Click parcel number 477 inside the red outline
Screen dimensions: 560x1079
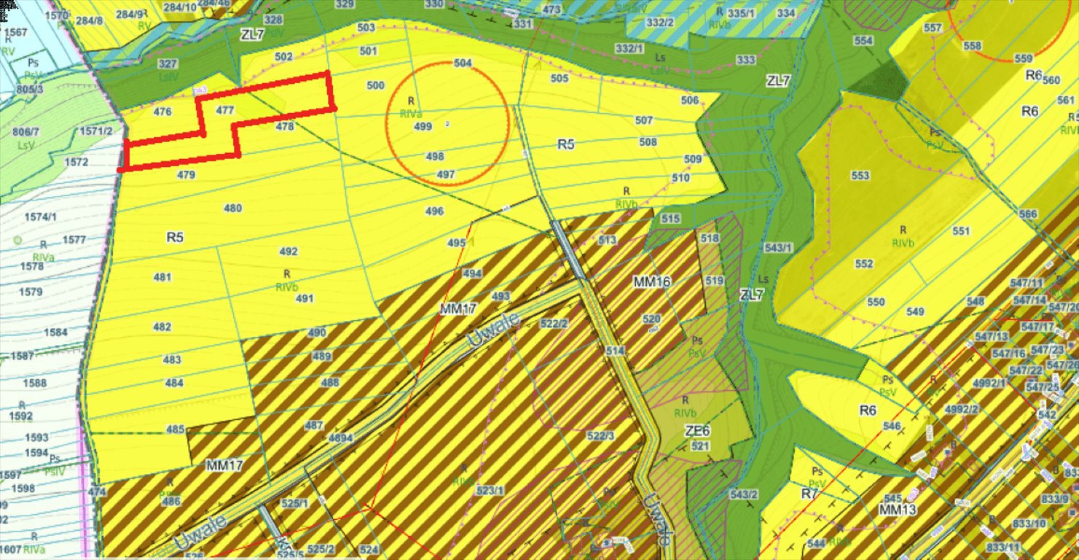tap(225, 111)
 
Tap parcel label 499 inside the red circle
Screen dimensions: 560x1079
tap(423, 126)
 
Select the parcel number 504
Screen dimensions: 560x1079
tap(463, 63)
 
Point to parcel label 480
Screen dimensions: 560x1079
tap(232, 209)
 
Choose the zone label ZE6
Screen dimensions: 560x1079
tap(697, 431)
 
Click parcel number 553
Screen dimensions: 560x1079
tap(860, 176)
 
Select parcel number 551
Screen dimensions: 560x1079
tap(961, 231)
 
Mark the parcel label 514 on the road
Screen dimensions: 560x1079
tap(615, 351)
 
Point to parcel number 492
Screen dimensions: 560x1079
tap(289, 252)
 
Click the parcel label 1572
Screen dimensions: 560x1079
tap(76, 161)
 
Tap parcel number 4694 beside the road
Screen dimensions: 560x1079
tap(341, 438)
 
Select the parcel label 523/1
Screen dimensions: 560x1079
tap(490, 491)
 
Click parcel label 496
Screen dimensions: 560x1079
tap(434, 211)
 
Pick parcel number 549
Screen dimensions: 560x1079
tap(915, 312)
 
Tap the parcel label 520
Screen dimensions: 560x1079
tap(651, 319)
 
